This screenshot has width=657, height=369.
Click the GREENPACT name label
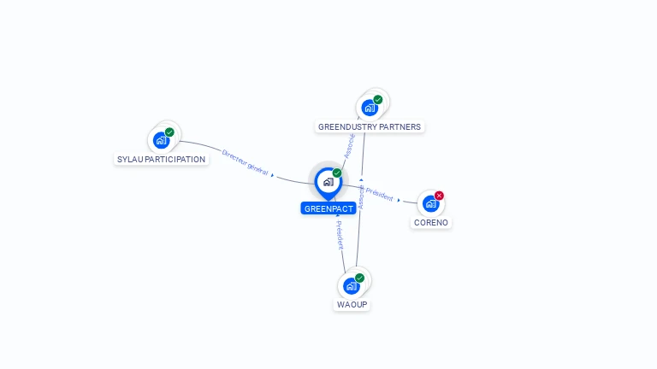click(x=328, y=208)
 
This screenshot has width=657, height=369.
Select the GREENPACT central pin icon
click(x=328, y=182)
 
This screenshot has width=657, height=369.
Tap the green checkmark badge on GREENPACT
click(x=337, y=173)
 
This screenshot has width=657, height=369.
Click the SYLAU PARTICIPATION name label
click(x=161, y=159)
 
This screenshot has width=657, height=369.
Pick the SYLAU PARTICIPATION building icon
click(x=160, y=140)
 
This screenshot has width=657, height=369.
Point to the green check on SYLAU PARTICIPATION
click(x=169, y=132)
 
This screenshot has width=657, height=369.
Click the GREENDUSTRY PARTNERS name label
click(x=370, y=126)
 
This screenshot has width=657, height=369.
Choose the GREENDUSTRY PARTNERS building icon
click(x=369, y=108)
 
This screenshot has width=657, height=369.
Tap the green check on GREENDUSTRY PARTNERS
click(x=378, y=100)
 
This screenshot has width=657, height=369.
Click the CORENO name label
click(x=430, y=222)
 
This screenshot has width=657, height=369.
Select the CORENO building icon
click(x=430, y=203)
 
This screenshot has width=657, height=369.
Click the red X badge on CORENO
click(x=440, y=196)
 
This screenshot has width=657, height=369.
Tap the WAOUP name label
click(x=352, y=304)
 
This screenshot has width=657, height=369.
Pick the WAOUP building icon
click(x=350, y=285)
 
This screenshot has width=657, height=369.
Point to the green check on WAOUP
click(x=360, y=278)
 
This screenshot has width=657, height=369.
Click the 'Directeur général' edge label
click(x=245, y=162)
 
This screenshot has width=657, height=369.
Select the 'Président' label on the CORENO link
click(x=380, y=196)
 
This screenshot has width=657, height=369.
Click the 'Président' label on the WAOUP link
click(x=339, y=235)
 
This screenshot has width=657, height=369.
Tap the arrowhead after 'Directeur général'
click(x=273, y=174)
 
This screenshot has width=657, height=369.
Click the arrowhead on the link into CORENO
click(x=399, y=200)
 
